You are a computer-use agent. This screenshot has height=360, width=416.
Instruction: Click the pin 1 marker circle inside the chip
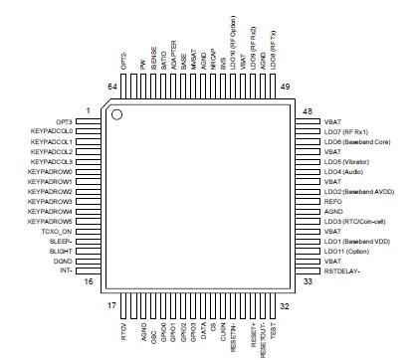coord(116,116)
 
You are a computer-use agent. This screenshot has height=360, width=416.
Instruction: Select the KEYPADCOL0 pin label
coord(52,130)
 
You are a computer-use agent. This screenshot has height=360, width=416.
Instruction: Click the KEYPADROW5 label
coord(51,221)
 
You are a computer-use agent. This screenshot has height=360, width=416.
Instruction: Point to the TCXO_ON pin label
coord(58,231)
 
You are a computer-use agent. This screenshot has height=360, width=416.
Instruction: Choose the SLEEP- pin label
coord(62,241)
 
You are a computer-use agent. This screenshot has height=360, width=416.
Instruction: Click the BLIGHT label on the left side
coord(61,251)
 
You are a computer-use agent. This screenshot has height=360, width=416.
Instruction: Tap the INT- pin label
coord(66,270)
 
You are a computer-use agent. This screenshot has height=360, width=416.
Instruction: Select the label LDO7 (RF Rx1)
coord(344,130)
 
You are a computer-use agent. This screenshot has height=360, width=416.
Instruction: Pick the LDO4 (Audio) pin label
coord(341,170)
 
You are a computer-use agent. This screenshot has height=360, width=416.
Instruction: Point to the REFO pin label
coord(332,201)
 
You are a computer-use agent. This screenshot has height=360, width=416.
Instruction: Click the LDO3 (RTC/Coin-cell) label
coord(351,221)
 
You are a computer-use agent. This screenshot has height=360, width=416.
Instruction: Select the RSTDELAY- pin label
coord(343,270)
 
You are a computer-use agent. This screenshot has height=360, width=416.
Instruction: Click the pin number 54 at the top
coord(111,88)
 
